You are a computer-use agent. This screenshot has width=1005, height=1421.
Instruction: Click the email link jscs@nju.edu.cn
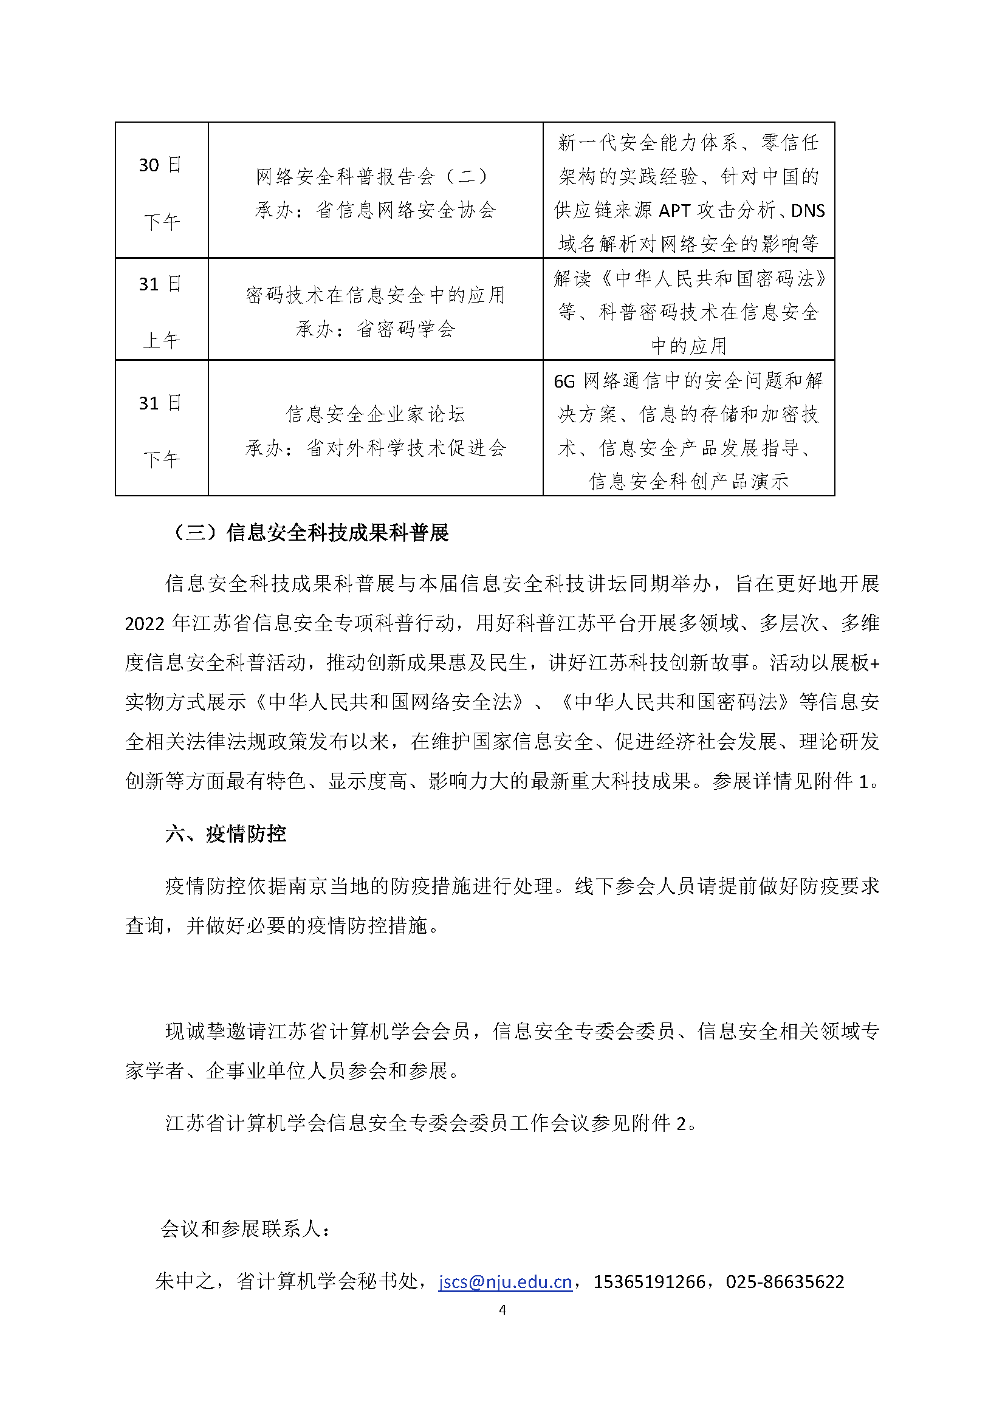505,1281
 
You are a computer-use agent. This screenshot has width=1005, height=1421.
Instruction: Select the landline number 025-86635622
784,1281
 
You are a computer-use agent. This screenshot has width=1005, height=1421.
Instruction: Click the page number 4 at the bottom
502,1310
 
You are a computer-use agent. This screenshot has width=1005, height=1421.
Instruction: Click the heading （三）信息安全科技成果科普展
307,532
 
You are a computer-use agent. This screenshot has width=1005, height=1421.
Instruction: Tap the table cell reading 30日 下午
161,192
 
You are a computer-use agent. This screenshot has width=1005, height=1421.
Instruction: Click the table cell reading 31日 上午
161,310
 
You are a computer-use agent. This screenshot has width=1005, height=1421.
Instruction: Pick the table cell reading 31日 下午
161,430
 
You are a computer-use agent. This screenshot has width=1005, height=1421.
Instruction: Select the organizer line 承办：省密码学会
375,329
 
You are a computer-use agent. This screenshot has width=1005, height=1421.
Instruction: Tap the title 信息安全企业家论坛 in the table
375,414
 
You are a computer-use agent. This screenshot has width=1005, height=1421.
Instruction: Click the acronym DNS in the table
808,211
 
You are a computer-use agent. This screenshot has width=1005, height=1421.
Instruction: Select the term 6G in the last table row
564,382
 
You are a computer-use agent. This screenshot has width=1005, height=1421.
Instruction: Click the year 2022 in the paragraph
144,623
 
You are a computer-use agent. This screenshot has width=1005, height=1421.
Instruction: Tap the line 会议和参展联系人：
245,1228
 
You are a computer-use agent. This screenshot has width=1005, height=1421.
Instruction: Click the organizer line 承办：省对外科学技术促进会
375,448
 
